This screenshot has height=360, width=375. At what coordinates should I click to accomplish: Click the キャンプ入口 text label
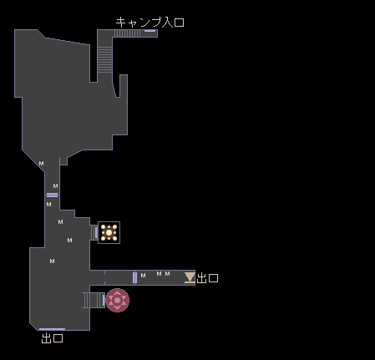[149, 23]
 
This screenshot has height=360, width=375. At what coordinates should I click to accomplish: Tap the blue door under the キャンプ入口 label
[149, 31]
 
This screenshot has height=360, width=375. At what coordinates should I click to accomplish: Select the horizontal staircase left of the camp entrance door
[128, 33]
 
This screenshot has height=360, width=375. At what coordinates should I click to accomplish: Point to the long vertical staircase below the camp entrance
[104, 59]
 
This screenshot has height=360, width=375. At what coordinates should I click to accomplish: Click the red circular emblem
[117, 300]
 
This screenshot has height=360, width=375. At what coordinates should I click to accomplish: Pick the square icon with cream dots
[109, 232]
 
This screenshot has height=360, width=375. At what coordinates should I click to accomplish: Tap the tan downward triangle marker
[190, 277]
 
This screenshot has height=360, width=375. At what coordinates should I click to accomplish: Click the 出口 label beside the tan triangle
[207, 278]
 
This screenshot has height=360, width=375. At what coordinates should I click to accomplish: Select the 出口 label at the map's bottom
[52, 338]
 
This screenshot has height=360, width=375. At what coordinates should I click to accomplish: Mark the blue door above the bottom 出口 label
[52, 329]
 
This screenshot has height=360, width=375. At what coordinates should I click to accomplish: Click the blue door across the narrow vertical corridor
[52, 195]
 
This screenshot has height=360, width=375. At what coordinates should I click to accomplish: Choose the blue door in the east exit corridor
[134, 277]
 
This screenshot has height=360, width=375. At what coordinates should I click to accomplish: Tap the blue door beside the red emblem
[104, 300]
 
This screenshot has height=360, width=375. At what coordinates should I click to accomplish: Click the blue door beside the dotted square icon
[96, 232]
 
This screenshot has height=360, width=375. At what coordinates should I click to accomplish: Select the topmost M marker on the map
[41, 164]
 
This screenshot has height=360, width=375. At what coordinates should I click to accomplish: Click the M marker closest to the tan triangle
[167, 274]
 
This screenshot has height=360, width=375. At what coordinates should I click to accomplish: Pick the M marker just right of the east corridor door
[143, 276]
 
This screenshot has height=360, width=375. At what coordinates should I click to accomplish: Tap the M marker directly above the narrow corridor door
[55, 185]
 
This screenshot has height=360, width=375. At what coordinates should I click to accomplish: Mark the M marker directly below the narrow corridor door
[48, 205]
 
